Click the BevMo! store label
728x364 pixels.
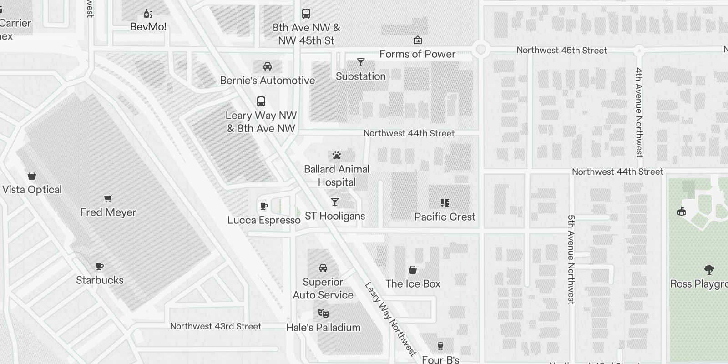click(148, 27)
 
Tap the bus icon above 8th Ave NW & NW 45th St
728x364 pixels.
click(306, 14)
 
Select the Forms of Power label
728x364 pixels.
click(417, 54)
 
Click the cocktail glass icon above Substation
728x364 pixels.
click(361, 62)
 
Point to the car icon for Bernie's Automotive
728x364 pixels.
click(268, 66)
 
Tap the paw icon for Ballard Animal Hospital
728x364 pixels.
click(337, 156)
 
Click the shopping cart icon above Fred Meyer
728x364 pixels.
click(108, 198)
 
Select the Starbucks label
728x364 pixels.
click(100, 280)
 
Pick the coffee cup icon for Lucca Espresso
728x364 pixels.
click(263, 207)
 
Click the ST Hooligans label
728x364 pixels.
click(335, 216)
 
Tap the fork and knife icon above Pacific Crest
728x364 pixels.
click(445, 203)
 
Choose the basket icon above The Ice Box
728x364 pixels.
click(413, 270)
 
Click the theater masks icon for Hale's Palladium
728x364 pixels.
click(323, 313)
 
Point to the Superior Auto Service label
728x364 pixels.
click(323, 288)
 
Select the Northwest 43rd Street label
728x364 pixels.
click(216, 326)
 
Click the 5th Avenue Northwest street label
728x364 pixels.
click(571, 259)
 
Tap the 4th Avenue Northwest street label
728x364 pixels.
click(639, 112)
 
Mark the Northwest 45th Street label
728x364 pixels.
click(561, 51)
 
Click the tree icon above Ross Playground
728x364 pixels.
click(709, 270)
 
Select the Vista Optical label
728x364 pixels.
click(32, 190)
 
